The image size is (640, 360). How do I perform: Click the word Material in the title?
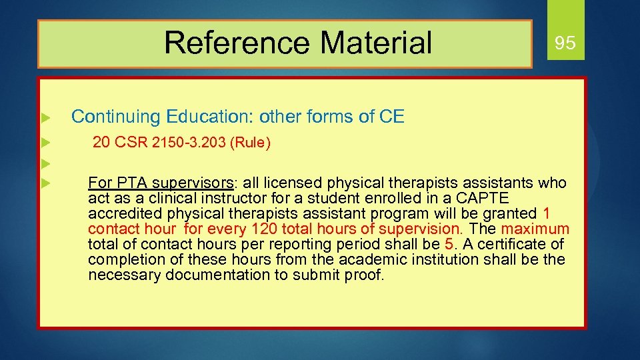[376, 43]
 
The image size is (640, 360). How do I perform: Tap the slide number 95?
[565, 44]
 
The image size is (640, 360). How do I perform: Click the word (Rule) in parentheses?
[249, 143]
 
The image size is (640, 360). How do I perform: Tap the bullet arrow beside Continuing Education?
[45, 118]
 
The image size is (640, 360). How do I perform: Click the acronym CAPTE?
[484, 199]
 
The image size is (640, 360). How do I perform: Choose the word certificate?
[513, 245]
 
